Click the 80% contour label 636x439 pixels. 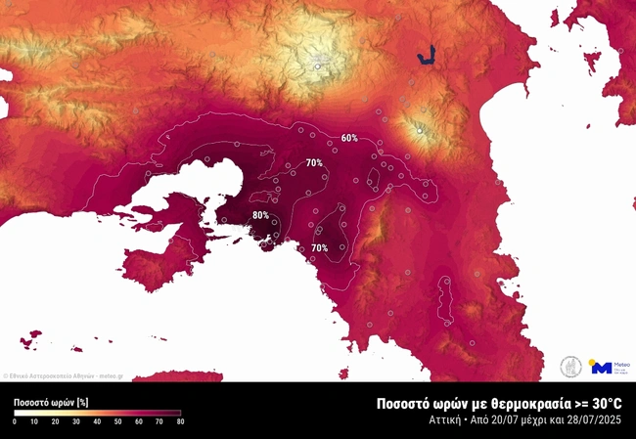[260, 215]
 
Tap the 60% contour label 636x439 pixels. [349, 138]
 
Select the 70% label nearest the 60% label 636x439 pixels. [314, 162]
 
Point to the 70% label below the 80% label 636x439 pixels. [319, 248]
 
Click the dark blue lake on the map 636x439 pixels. [426, 58]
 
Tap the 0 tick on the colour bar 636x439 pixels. [15, 421]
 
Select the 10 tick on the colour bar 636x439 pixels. [34, 421]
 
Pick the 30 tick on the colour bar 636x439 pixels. [76, 421]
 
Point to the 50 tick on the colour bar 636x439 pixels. [118, 421]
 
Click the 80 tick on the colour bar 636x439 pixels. [180, 421]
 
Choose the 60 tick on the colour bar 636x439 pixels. [139, 421]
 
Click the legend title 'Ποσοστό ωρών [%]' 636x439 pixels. [52, 402]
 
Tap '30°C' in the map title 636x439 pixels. [603, 403]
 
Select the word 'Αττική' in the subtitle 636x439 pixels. [445, 420]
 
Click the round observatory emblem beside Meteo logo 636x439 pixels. [571, 367]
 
